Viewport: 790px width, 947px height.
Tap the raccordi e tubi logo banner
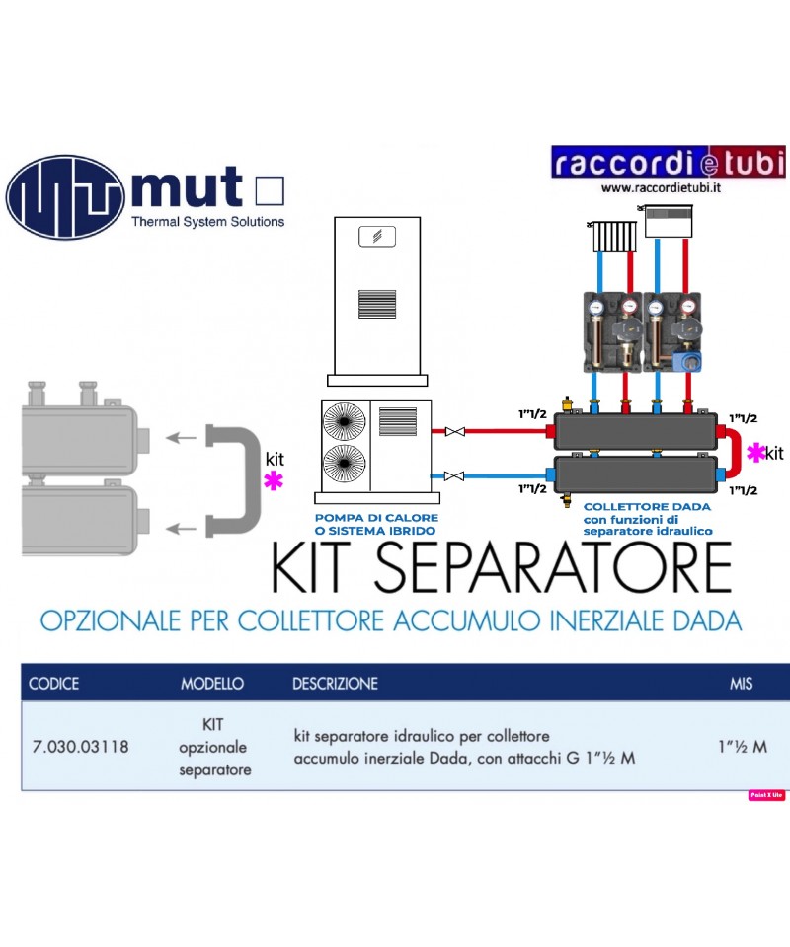pos(669,163)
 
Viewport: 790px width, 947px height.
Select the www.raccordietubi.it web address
pos(661,187)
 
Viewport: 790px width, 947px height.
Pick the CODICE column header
pos(54,683)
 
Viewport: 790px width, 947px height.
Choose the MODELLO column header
pos(212,683)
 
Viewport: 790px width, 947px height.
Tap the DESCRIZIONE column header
pos(335,683)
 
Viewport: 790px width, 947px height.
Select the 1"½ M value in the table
pos(742,746)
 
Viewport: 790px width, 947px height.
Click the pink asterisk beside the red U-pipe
pos(756,452)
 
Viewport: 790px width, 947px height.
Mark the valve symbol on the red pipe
pos(455,432)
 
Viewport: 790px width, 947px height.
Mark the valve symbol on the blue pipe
pos(455,476)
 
